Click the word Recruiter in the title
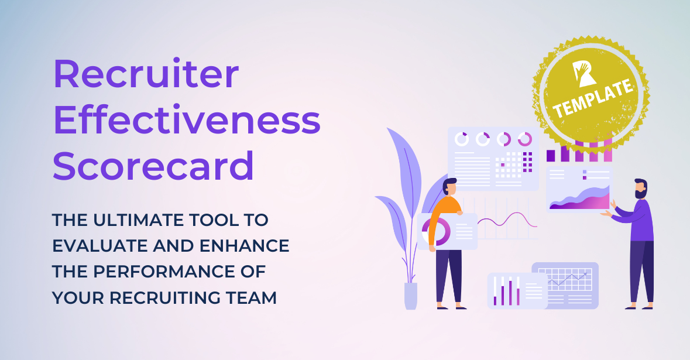coord(146,74)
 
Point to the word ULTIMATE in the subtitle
coord(147,220)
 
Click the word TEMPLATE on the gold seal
coord(595,100)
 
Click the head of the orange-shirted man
coord(449,188)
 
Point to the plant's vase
coord(411,296)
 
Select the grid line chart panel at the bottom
coord(565,284)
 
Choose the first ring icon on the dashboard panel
coord(462,139)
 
